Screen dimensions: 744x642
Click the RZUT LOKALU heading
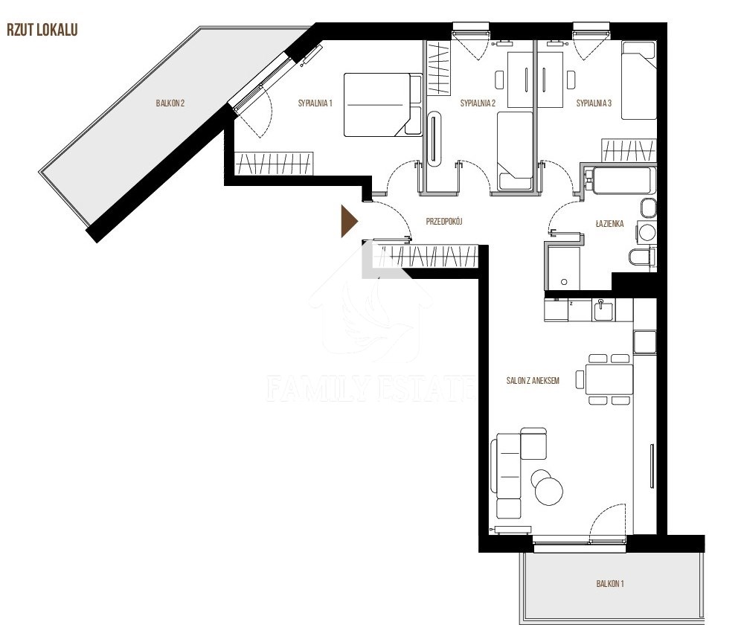click(42, 30)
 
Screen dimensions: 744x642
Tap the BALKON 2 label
click(170, 103)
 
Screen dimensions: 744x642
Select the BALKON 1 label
click(610, 584)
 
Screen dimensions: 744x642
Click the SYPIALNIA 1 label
click(315, 103)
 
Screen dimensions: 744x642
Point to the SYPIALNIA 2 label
click(478, 103)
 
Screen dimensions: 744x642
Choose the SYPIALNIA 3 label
click(594, 103)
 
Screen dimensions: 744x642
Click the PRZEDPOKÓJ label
click(444, 221)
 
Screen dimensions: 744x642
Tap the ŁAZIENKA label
click(610, 223)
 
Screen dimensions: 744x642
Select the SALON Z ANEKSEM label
click(533, 381)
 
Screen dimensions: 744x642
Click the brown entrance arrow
click(349, 221)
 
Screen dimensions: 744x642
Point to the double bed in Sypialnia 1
click(382, 105)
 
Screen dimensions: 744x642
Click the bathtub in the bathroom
click(621, 180)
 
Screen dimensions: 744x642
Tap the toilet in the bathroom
click(641, 257)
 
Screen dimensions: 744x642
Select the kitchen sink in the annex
click(603, 310)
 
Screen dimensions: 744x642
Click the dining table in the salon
click(609, 379)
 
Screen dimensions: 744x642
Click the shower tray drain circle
click(564, 282)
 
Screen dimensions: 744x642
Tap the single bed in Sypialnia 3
click(638, 80)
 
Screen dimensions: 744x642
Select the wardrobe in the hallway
click(425, 257)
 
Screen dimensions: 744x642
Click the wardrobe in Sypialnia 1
click(274, 163)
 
